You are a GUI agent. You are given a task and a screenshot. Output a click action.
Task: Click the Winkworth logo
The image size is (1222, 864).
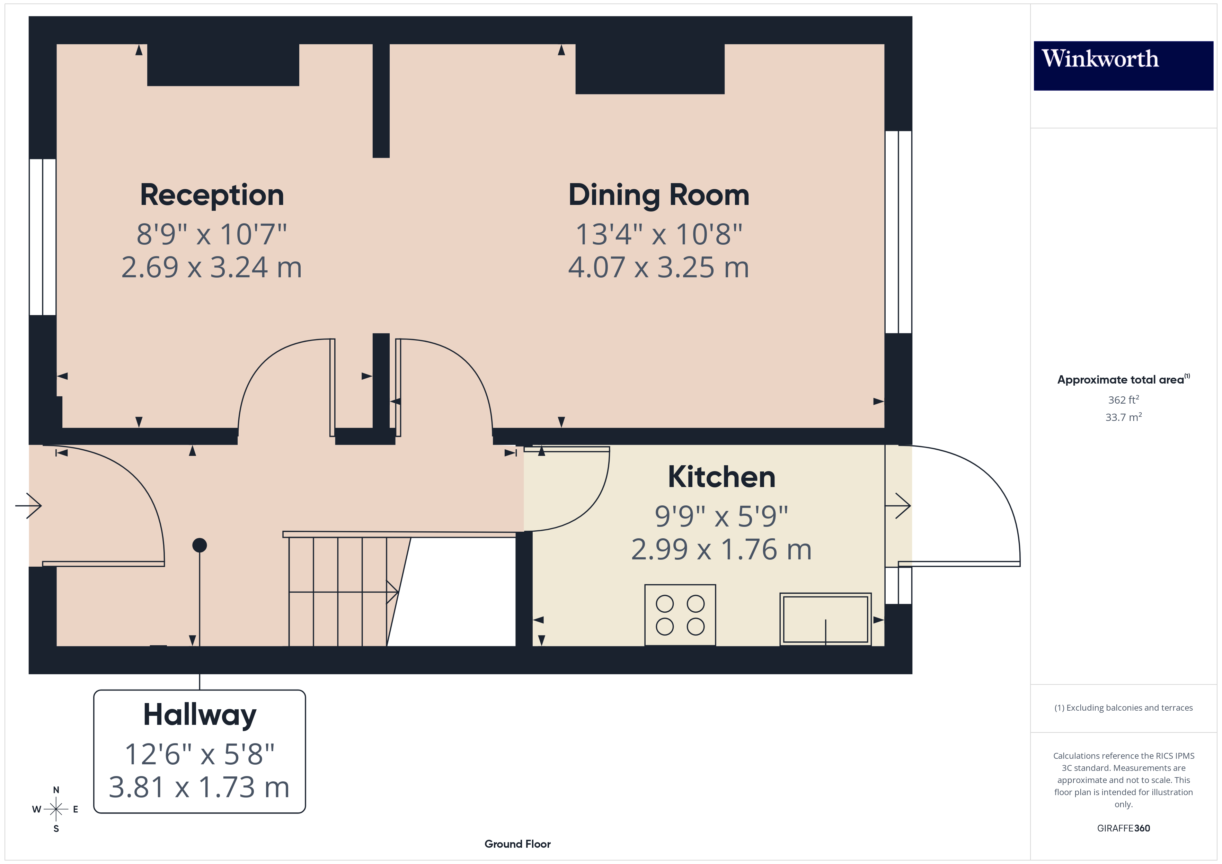click(1123, 65)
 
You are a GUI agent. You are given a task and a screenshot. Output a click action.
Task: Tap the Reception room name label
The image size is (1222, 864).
click(212, 195)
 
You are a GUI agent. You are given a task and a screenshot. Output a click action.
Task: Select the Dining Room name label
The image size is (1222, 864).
click(658, 195)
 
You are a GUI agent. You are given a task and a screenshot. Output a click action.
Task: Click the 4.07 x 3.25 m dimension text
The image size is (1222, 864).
click(658, 267)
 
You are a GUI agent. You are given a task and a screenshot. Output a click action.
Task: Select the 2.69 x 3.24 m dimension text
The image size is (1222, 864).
click(212, 267)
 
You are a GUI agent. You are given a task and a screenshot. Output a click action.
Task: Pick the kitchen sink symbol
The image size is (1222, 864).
click(825, 619)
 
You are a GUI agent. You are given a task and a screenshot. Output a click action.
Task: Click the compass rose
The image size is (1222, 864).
click(56, 809)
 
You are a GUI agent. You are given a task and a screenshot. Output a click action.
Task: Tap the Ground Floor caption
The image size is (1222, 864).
click(517, 844)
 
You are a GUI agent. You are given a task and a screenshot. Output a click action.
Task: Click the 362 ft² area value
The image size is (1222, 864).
click(1123, 399)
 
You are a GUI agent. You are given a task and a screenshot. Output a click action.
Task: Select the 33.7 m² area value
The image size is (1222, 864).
click(1123, 417)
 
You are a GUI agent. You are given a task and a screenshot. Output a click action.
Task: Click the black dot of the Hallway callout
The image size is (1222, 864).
click(200, 545)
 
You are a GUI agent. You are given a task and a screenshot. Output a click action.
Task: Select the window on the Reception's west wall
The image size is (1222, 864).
click(43, 237)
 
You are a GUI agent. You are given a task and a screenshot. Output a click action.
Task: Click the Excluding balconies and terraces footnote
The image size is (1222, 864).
click(1123, 708)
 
